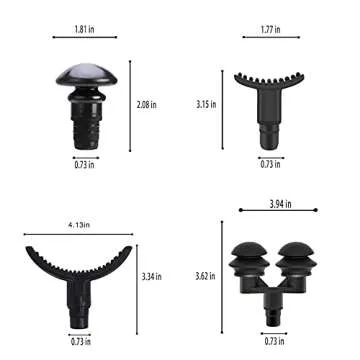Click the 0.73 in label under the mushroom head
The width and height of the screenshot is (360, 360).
pos(85,164)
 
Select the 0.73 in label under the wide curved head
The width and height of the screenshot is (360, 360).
pos(79,341)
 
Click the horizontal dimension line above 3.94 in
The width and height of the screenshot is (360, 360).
pos(281,211)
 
